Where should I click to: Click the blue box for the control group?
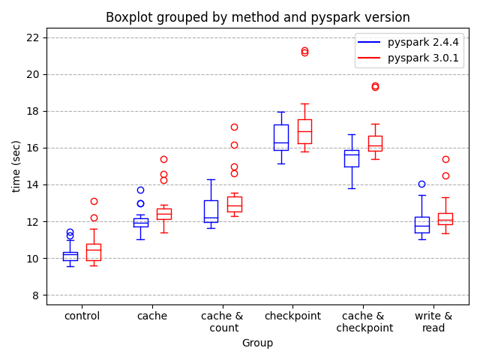70,256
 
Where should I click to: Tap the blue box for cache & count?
211,211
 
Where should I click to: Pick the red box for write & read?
445,219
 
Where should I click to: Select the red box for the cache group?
163,214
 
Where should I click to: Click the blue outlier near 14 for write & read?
421,184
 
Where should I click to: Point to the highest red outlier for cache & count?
234,127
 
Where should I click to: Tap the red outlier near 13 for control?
94,201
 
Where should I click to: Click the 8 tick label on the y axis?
36,295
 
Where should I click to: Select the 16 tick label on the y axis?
33,148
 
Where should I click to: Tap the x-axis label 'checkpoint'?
292,316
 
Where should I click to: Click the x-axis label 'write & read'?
433,322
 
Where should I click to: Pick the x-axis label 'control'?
82,316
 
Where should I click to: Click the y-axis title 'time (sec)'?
16,166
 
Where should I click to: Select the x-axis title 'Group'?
257,343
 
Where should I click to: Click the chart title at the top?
257,17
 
